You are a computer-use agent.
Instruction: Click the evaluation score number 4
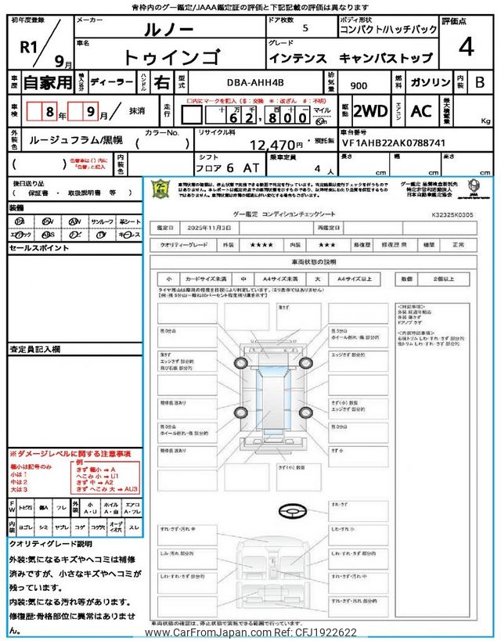click(466, 48)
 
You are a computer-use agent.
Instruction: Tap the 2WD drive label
click(370, 111)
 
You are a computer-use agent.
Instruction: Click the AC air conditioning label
click(421, 111)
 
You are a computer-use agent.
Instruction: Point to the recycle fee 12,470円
click(276, 144)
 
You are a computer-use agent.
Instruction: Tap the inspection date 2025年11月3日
click(206, 227)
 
